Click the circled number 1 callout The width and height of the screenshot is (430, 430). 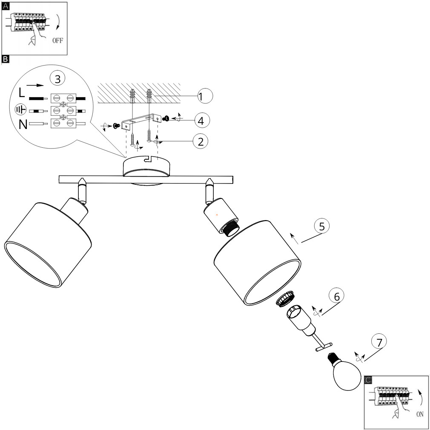[x=205, y=96]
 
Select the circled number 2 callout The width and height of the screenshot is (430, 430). [x=201, y=141]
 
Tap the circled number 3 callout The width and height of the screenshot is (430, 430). [x=57, y=79]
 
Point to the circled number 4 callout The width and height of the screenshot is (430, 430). [x=202, y=120]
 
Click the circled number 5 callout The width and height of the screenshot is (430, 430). [x=322, y=226]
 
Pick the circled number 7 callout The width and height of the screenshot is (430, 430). [x=379, y=342]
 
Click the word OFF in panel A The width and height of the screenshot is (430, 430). [x=57, y=40]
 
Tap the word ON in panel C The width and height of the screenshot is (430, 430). [x=420, y=414]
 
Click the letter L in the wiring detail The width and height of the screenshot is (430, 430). [x=22, y=92]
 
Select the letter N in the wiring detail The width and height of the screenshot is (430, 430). [x=23, y=124]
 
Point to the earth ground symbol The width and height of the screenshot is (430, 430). [x=20, y=109]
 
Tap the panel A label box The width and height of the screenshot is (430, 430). [x=5, y=6]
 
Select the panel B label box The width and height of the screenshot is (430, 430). [x=5, y=59]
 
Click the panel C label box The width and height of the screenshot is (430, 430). [x=368, y=380]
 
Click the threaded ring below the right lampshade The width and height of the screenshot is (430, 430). [x=285, y=299]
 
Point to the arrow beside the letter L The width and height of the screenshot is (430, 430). [x=35, y=85]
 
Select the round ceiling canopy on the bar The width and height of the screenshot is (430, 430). [x=147, y=168]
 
